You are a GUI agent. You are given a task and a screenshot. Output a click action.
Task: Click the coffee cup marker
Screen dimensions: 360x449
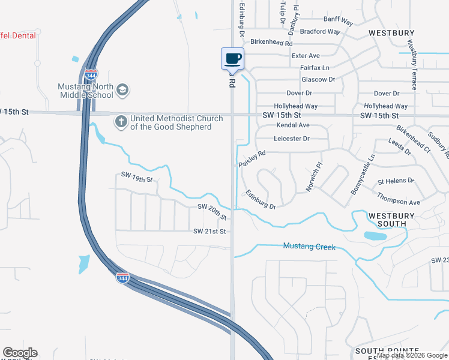[233, 59]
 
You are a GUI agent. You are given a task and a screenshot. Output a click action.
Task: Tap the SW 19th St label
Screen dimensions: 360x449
[137, 178]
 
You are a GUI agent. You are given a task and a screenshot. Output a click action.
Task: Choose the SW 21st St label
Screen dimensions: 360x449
[209, 231]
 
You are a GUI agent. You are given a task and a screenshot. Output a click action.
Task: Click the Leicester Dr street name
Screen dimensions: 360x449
[291, 139]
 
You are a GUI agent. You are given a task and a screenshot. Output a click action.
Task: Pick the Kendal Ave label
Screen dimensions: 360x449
[293, 125]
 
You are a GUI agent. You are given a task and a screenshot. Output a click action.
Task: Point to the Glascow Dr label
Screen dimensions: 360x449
[318, 79]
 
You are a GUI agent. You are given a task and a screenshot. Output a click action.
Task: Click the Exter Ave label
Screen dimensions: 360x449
[306, 56]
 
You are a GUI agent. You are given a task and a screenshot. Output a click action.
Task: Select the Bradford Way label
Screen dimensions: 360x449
[320, 31]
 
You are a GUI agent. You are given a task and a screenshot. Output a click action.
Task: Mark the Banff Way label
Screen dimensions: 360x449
[340, 19]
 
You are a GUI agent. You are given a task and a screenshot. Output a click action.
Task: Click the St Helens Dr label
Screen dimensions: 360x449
[396, 181]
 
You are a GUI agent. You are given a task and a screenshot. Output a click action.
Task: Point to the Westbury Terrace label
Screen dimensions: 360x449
[413, 65]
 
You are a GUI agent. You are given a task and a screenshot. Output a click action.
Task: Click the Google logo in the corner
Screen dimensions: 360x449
[20, 353]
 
